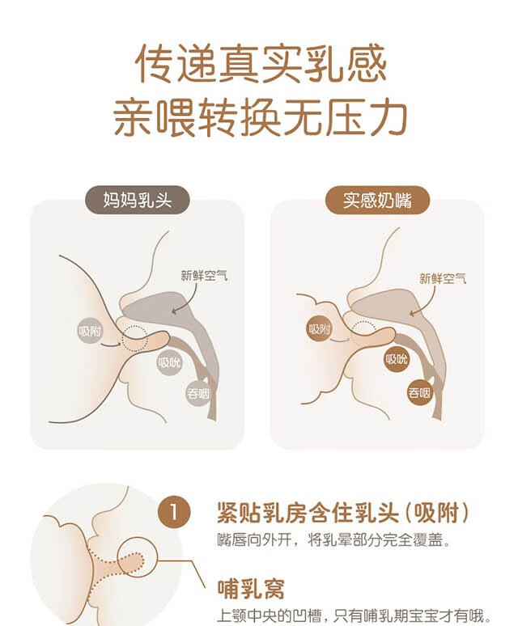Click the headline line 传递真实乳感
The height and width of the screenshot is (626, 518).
click(261, 64)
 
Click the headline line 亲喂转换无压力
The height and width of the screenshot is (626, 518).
click(261, 118)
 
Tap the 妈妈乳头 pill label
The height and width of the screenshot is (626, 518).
click(137, 200)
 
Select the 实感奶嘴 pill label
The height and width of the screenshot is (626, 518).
click(377, 200)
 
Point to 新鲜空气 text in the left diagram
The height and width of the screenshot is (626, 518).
click(204, 276)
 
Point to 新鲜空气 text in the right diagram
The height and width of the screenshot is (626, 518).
click(443, 278)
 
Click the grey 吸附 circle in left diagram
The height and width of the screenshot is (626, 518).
click(90, 331)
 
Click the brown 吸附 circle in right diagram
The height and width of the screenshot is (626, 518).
click(319, 329)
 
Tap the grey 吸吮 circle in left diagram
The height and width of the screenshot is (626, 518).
click(169, 362)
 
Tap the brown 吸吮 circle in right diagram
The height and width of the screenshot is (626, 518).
click(397, 359)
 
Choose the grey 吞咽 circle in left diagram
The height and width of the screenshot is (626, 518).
click(198, 394)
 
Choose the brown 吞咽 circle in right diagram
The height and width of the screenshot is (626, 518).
click(419, 393)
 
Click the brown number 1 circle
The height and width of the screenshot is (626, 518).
click(174, 512)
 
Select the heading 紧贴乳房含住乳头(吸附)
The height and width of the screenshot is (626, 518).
click(343, 513)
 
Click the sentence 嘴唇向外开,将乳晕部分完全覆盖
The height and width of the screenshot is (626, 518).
click(334, 540)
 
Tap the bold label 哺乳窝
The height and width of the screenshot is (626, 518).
click(251, 589)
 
